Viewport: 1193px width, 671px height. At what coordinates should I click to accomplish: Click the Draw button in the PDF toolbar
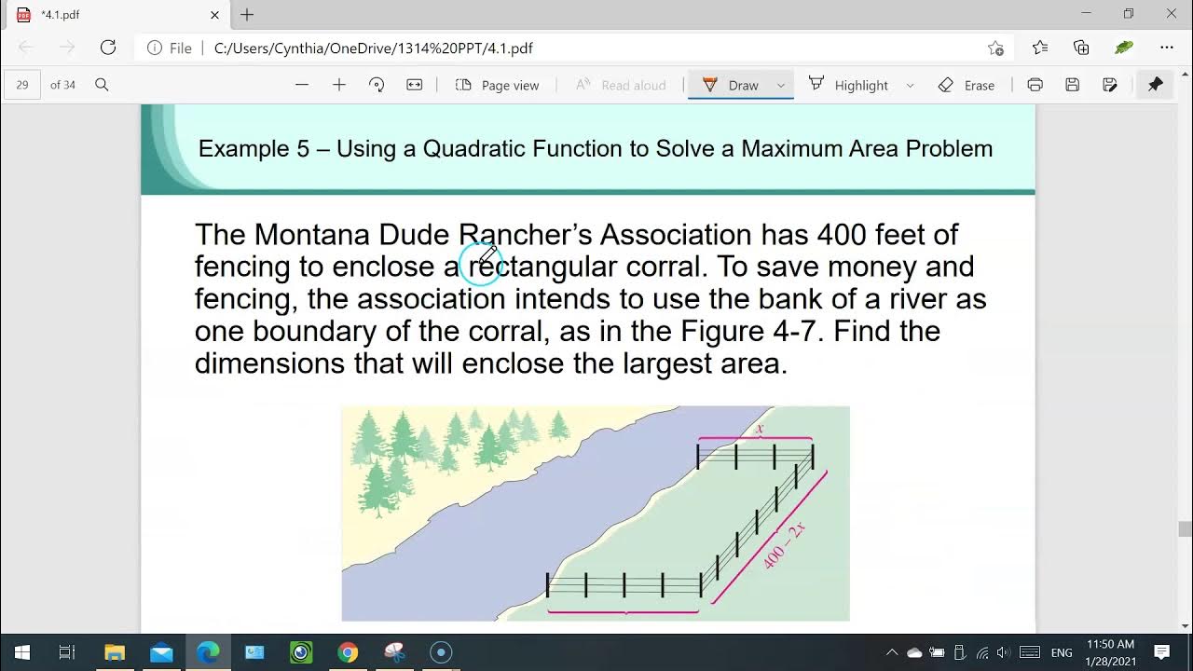732,85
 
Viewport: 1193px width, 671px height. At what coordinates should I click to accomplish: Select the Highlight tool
849,85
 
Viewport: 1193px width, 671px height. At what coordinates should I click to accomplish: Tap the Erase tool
967,85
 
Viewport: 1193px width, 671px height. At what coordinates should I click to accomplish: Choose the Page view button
498,85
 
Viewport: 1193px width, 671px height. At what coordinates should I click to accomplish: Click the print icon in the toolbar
1035,85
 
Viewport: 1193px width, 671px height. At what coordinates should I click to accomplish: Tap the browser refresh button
108,48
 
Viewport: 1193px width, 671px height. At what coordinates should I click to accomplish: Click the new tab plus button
247,15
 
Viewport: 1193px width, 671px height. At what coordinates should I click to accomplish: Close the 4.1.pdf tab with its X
215,15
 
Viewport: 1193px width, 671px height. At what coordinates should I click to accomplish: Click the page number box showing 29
22,85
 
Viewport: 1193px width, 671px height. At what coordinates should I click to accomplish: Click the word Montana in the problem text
311,234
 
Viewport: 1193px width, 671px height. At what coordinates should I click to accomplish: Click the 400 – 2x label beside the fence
784,545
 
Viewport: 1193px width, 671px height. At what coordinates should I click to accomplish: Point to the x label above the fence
760,429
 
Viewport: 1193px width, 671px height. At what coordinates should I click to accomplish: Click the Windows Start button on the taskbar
21,652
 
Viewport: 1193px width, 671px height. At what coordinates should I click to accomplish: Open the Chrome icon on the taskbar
348,652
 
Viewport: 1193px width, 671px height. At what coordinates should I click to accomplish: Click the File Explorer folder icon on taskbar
115,652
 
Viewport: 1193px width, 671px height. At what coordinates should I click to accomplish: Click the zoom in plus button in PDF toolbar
339,85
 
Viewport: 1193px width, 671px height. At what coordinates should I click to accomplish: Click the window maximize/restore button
1129,14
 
